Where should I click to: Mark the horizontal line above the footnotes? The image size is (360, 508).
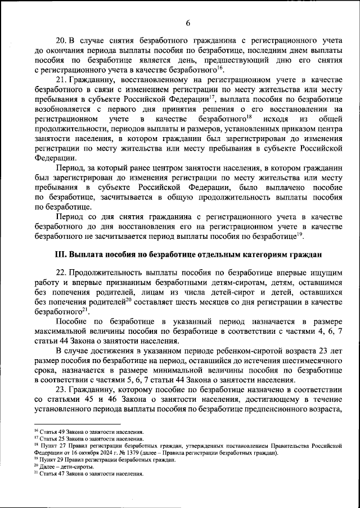click(x=73, y=425)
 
